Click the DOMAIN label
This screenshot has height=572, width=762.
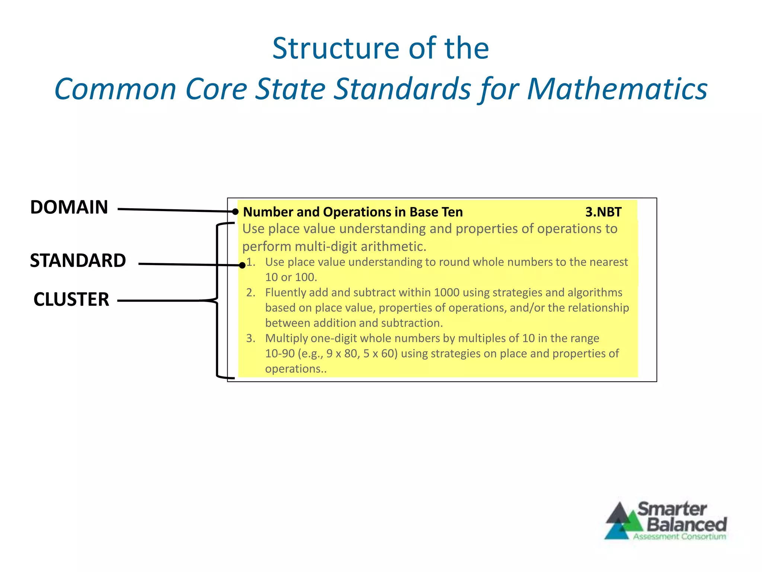click(69, 207)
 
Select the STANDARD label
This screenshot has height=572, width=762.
click(78, 261)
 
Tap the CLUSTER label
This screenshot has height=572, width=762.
click(71, 299)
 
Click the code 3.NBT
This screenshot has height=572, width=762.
click(603, 212)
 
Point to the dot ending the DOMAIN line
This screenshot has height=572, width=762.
click(235, 212)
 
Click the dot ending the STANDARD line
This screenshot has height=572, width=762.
click(242, 266)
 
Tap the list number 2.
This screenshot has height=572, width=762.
click(250, 293)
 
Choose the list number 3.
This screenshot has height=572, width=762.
click(250, 339)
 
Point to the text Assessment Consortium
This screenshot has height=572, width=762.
click(679, 537)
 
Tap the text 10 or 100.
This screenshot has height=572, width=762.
click(291, 277)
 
